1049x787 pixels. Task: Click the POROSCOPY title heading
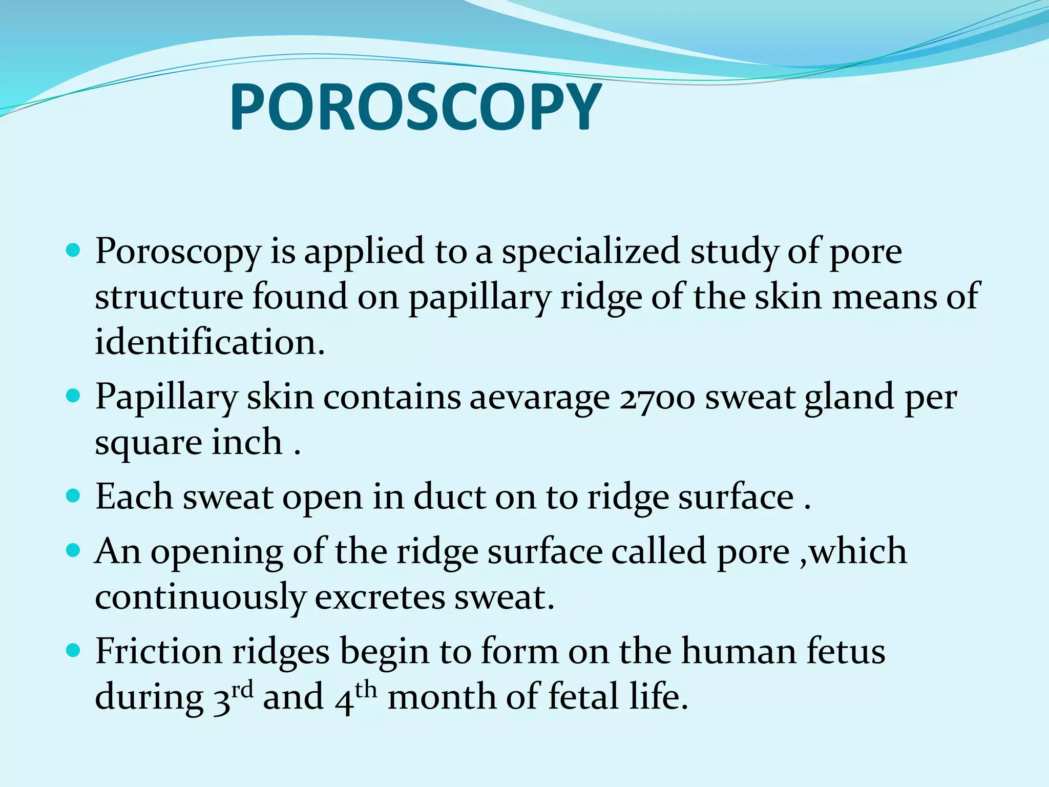click(415, 108)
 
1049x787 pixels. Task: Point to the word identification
click(209, 342)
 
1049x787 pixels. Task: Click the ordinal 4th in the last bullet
click(356, 697)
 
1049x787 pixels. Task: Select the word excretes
click(380, 597)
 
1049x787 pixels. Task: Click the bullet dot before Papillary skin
click(74, 396)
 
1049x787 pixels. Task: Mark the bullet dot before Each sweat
click(74, 495)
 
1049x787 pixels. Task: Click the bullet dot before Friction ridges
click(74, 651)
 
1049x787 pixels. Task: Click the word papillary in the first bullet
click(479, 298)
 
